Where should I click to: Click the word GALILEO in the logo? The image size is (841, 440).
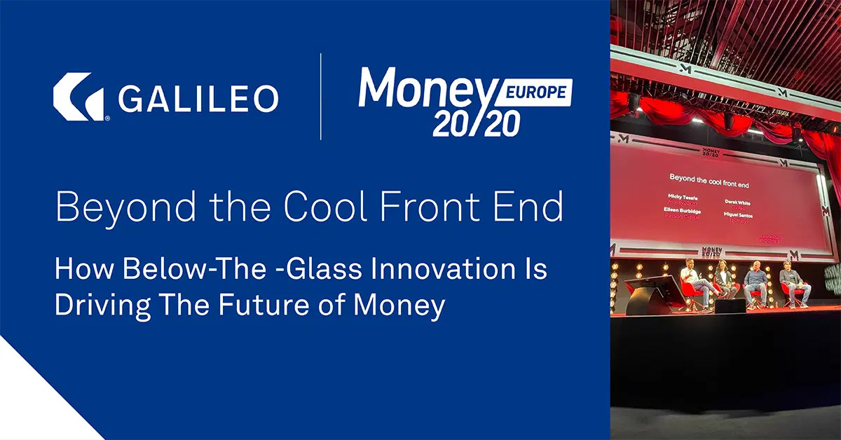198,98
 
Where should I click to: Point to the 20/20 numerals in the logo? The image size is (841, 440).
476,123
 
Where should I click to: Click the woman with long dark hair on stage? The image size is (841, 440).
723,280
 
